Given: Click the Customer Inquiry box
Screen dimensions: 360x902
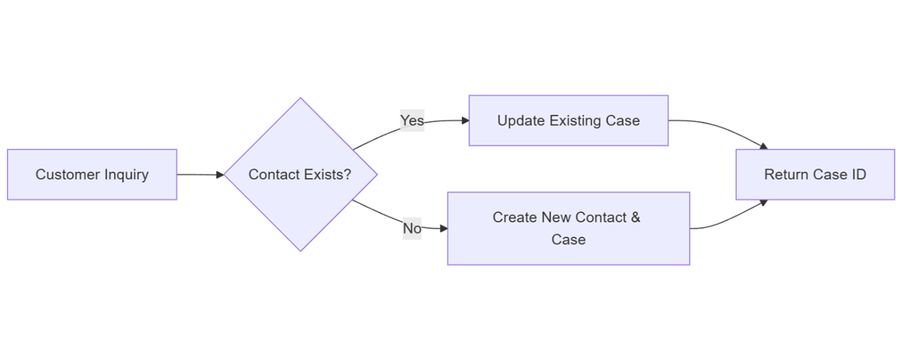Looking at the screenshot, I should point(92,175).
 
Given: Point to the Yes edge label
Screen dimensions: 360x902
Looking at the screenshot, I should point(412,120).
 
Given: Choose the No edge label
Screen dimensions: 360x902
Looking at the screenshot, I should point(412,228).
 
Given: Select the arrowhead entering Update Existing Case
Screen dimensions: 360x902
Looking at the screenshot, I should point(465,120).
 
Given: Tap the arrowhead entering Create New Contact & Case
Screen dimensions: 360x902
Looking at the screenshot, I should point(443,228).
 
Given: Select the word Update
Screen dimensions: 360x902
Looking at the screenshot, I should point(518,120).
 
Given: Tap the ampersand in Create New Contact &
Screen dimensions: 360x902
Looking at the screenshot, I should point(635,218).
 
